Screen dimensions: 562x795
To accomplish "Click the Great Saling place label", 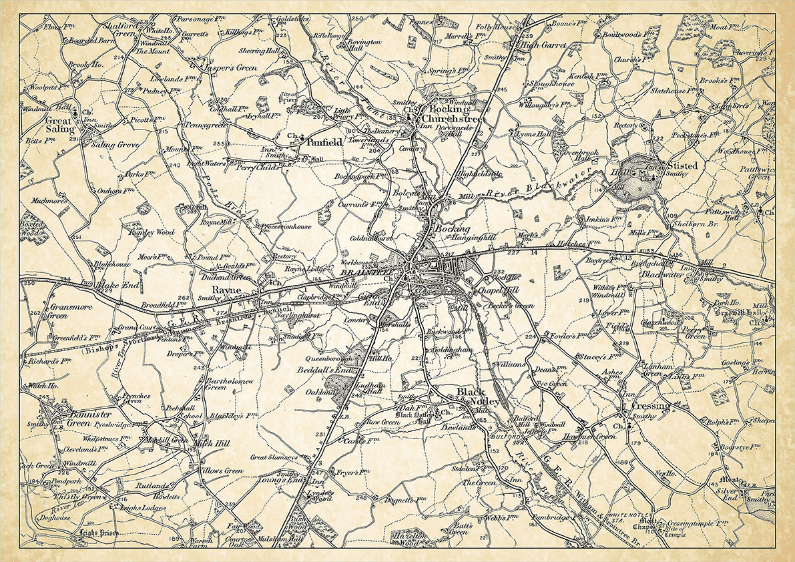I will pyautogui.click(x=59, y=125).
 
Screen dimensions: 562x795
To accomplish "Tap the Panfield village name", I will pyautogui.click(x=324, y=142).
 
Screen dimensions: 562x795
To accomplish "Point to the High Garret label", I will pyautogui.click(x=544, y=45).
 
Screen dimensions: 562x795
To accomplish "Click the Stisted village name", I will pyautogui.click(x=682, y=165).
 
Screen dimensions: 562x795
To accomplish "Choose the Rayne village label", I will pyautogui.click(x=222, y=290).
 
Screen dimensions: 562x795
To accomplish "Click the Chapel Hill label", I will pyautogui.click(x=498, y=291).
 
